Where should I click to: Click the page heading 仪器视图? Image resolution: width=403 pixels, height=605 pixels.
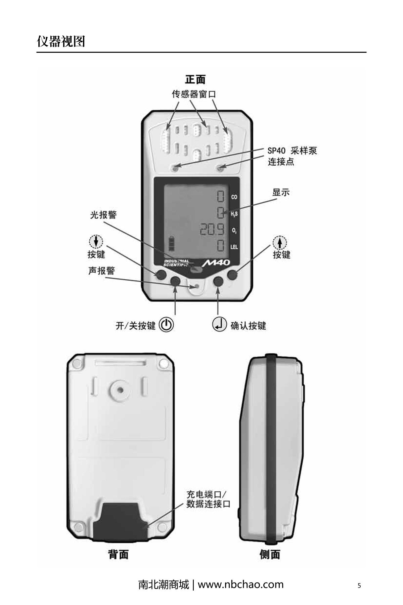pyautogui.click(x=61, y=42)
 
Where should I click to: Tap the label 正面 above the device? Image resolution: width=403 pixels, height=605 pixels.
pyautogui.click(x=195, y=80)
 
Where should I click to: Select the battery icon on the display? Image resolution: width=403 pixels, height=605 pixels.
pyautogui.click(x=172, y=244)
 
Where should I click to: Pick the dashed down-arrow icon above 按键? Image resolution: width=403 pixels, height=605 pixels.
pyautogui.click(x=96, y=241)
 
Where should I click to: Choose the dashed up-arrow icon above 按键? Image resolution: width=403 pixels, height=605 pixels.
pyautogui.click(x=280, y=242)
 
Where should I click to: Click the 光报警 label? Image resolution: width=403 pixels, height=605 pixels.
pyautogui.click(x=103, y=215)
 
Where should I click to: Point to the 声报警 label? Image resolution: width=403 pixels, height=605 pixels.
pyautogui.click(x=101, y=271)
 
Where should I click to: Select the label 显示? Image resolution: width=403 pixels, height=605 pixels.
pyautogui.click(x=281, y=193)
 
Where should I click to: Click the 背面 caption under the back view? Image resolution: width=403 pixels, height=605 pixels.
pyautogui.click(x=118, y=554)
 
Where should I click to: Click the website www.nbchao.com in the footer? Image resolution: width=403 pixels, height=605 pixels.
pyautogui.click(x=240, y=584)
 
